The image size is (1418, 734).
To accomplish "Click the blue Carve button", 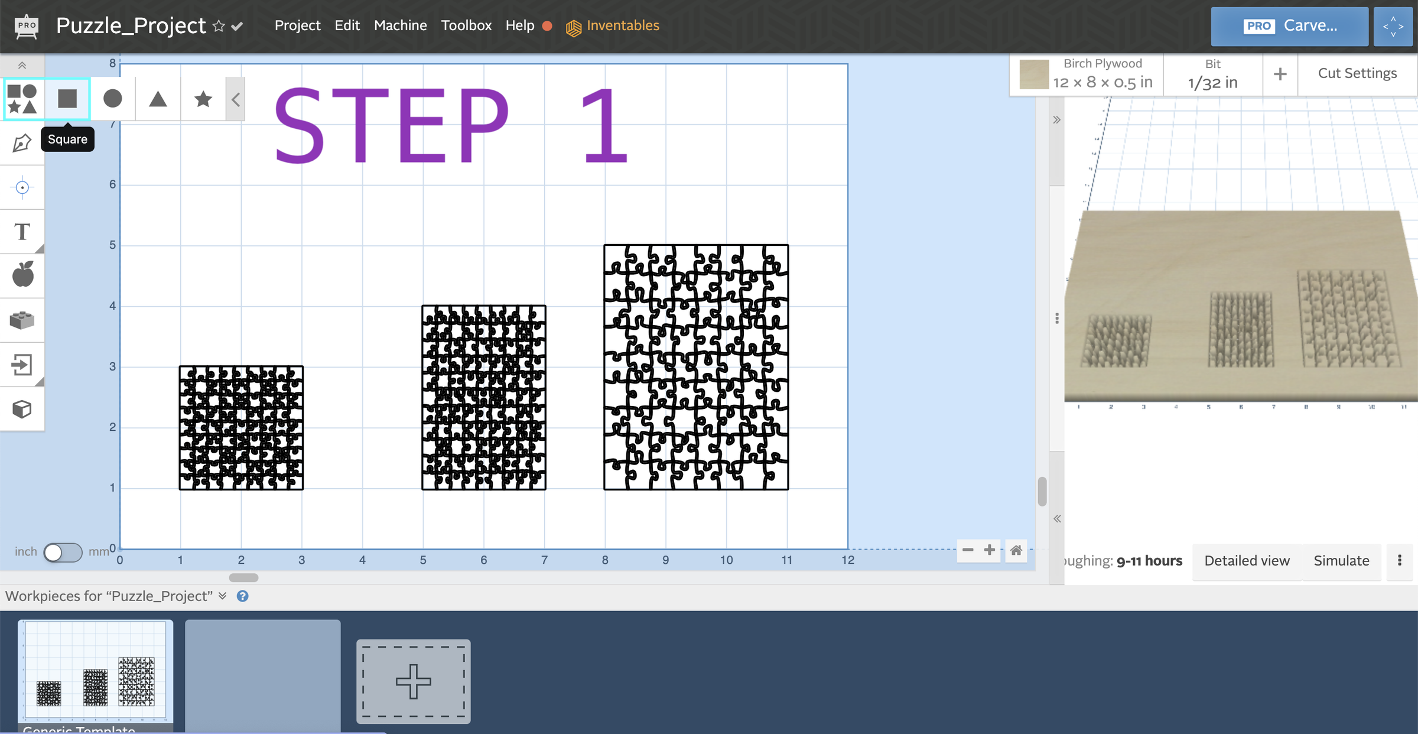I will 1289,26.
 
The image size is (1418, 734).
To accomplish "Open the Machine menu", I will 400,25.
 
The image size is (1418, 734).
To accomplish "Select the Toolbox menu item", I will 466,25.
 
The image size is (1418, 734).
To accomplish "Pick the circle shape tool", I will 112,99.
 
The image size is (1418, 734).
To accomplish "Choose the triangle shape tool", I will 158,99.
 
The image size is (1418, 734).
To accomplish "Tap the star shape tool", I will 203,99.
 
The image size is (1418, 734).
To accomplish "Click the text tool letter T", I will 22,232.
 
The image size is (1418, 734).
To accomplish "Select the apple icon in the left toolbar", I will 22,275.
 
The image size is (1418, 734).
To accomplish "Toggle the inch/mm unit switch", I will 63,552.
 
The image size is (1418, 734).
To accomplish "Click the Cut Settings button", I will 1357,73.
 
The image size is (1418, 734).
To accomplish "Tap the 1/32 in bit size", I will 1212,82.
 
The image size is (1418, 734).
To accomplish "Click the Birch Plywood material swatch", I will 1034,74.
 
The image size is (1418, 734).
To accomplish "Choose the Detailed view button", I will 1247,560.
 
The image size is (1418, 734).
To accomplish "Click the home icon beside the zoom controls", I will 1016,551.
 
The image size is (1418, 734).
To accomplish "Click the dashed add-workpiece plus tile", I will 413,681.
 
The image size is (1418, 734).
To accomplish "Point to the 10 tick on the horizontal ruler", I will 726,560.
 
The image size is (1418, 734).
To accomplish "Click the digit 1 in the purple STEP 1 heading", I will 604,126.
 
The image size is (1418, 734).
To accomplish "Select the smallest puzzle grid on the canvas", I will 241,428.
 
